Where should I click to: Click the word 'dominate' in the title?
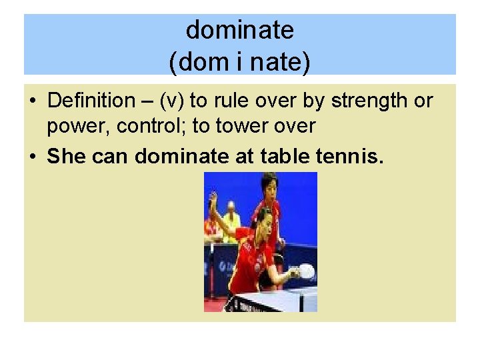point(239,30)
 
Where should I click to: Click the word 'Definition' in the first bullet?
point(91,101)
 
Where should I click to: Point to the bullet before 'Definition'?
point(33,101)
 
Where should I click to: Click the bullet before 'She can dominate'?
point(33,157)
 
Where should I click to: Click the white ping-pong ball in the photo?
point(307,269)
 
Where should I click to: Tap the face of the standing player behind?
point(269,186)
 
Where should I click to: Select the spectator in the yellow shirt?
point(231,220)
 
